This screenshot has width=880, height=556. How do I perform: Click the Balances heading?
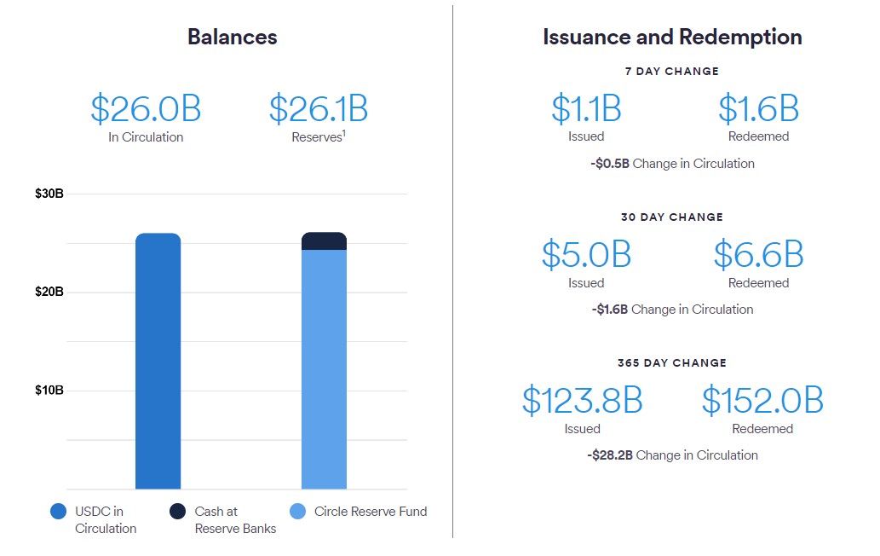tap(232, 37)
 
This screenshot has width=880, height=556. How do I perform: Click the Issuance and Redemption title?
tap(672, 37)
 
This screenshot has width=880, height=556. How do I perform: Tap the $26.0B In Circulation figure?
tap(146, 109)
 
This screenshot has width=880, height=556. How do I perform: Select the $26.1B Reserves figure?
tap(319, 109)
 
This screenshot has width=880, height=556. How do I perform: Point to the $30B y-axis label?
tap(49, 194)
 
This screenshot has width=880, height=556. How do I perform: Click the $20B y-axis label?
tap(49, 292)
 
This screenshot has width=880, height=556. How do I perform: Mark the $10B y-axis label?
tap(49, 391)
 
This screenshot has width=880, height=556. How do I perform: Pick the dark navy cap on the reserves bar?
tap(324, 240)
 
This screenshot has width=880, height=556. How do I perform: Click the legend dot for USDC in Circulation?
tap(58, 512)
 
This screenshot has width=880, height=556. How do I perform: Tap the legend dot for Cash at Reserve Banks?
tap(177, 512)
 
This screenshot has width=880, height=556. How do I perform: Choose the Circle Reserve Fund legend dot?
tap(297, 512)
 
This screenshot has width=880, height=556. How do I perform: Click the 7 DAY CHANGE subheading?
tap(671, 72)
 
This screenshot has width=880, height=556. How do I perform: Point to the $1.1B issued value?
tap(586, 109)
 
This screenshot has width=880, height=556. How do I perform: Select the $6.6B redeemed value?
tap(758, 254)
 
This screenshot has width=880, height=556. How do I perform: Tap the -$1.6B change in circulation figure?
tap(610, 310)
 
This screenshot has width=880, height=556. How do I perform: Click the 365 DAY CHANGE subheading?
tap(671, 362)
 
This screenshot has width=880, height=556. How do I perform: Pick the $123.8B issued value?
tap(582, 400)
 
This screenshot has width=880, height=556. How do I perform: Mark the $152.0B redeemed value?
tap(762, 400)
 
